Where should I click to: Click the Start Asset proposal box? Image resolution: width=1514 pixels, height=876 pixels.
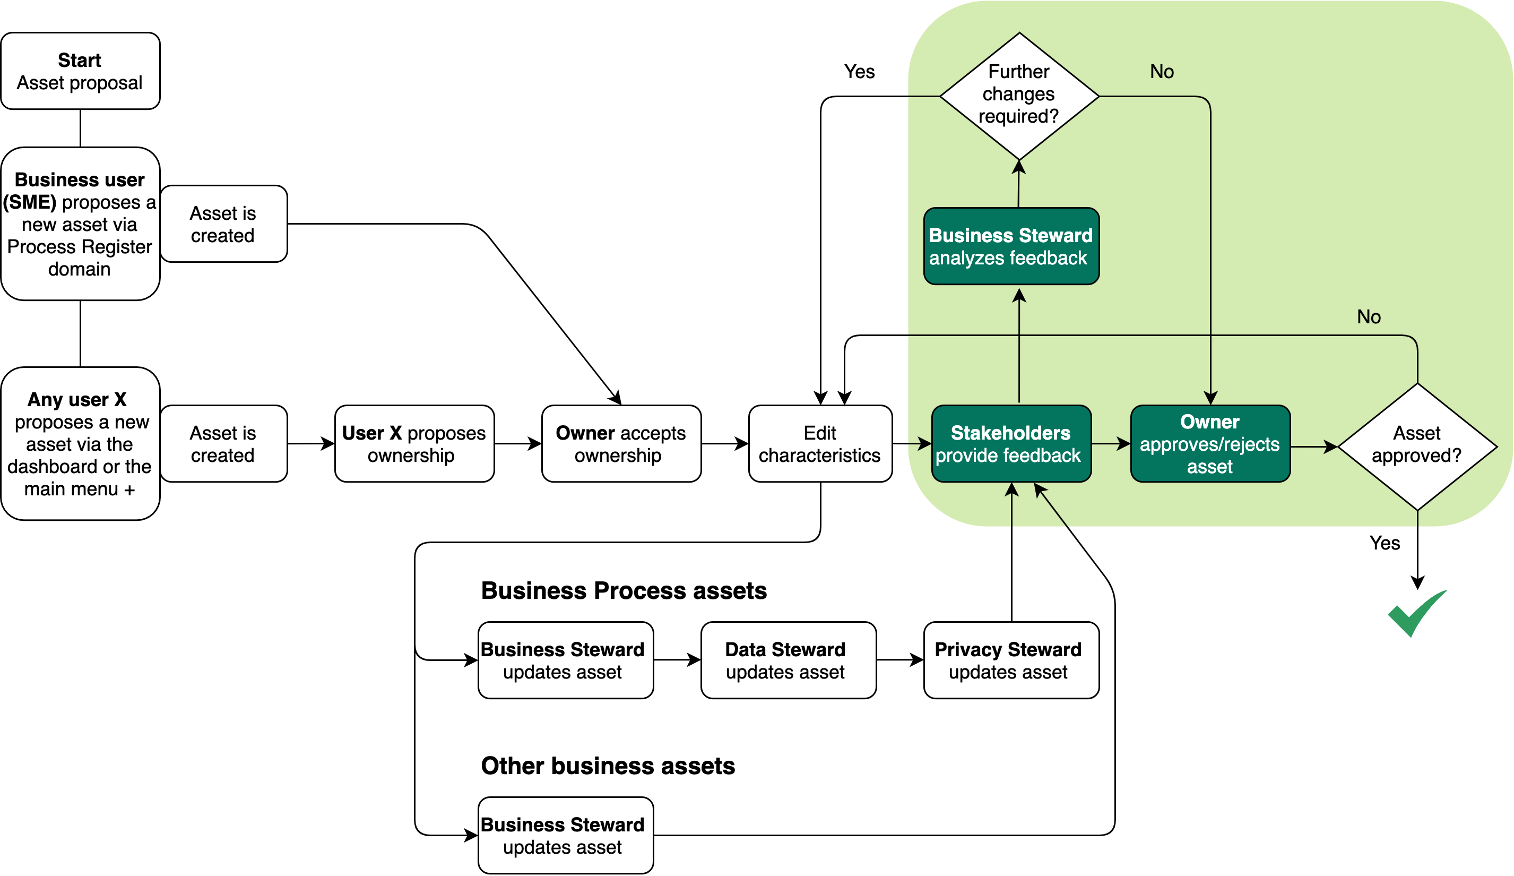pos(80,71)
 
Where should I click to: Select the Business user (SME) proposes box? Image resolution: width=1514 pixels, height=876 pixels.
pos(80,224)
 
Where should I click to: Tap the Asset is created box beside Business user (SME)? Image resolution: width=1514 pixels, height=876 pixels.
pos(223,224)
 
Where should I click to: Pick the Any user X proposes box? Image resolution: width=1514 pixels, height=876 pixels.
pos(80,444)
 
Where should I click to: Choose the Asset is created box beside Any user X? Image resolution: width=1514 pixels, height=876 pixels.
pos(223,444)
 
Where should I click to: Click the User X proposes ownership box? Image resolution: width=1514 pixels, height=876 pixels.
pos(414,444)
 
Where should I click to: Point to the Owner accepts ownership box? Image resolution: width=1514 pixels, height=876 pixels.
pos(621,444)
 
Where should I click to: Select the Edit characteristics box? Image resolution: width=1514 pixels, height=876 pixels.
pos(820,444)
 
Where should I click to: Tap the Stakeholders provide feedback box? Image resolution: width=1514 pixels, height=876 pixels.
pos(1011,444)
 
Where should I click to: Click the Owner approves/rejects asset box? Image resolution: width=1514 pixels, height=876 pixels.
pos(1210,444)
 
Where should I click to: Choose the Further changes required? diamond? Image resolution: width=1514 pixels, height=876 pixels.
pos(1019,96)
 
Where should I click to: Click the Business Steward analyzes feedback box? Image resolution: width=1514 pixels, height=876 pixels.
pos(1011,246)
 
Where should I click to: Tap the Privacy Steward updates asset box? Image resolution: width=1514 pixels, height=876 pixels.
pos(1011,660)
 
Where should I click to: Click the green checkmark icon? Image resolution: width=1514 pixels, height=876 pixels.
pos(1417,613)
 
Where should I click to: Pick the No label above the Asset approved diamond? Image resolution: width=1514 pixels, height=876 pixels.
pos(1369,317)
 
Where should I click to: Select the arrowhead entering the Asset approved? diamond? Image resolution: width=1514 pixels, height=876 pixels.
pos(1331,446)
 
